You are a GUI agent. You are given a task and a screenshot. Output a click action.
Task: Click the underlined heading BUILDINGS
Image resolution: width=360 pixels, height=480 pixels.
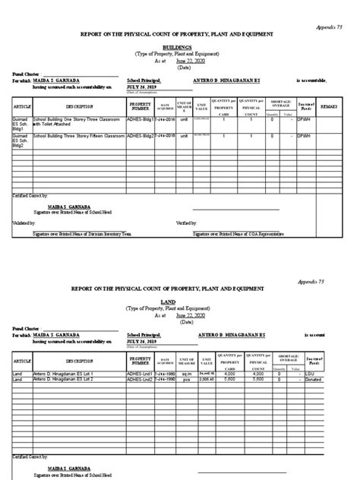point(179,46)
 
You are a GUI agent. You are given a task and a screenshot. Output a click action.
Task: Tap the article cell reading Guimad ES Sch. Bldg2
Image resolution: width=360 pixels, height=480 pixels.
point(21,137)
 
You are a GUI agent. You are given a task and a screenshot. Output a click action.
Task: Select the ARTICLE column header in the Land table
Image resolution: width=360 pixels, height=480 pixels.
point(22,362)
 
